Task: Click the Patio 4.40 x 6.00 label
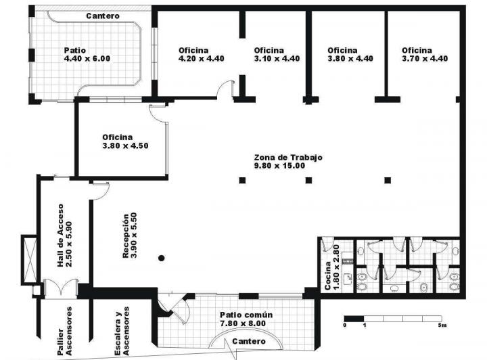[x=87, y=54]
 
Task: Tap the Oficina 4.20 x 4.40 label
[x=201, y=54]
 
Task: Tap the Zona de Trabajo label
[x=288, y=161]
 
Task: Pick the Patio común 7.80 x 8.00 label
[x=246, y=319]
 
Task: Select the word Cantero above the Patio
[x=103, y=15]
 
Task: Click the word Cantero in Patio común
[x=248, y=342]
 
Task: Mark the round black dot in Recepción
[x=161, y=258]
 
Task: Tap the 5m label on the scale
[x=443, y=326]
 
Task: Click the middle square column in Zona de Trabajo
[x=309, y=180]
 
